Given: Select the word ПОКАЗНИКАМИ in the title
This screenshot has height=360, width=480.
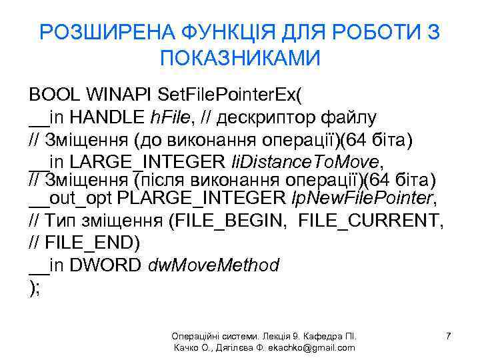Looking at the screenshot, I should point(240,58).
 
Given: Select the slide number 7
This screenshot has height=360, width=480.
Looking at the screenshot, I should point(449,337).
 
